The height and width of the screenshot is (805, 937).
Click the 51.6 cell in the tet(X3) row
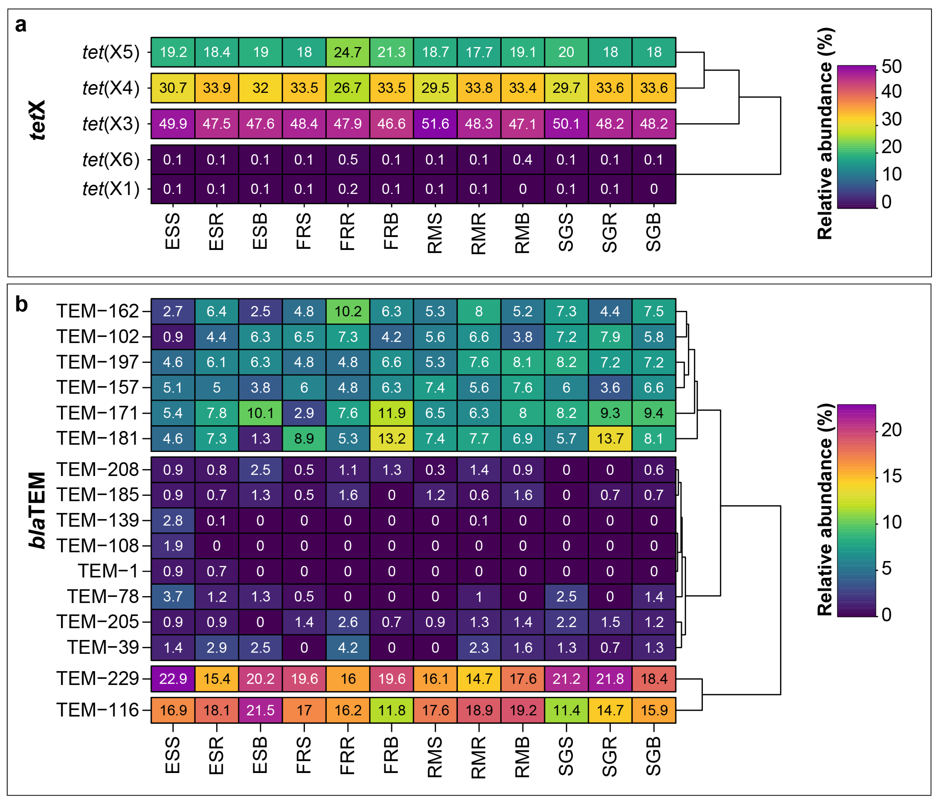[x=435, y=123]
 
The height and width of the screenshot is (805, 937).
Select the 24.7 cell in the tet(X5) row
[x=348, y=52]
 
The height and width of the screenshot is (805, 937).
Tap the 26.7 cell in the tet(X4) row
[x=348, y=88]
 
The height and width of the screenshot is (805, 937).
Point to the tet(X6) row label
[x=111, y=160]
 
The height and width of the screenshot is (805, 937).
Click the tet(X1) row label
[x=111, y=189]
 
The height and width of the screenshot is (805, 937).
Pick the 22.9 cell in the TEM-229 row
[x=173, y=679]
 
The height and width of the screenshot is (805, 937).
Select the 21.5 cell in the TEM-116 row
[x=260, y=710]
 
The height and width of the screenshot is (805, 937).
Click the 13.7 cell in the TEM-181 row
[x=610, y=438]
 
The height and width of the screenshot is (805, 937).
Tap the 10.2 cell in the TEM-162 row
[x=348, y=311]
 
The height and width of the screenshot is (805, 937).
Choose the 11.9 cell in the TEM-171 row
[x=392, y=413]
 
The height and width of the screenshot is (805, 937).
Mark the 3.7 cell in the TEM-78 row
[x=173, y=597]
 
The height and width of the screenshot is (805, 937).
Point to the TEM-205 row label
[x=97, y=622]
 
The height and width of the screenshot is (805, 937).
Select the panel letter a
[x=21, y=25]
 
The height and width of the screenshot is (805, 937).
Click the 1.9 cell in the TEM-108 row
[x=173, y=546]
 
